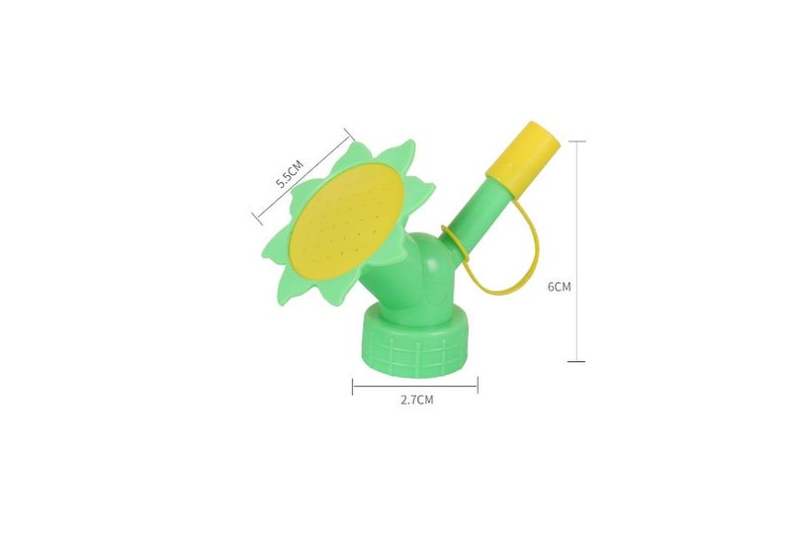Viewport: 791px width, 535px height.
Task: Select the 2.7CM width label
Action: coord(416,401)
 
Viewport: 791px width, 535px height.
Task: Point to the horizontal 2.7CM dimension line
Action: coord(415,387)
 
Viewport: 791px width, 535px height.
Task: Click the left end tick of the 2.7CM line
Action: coord(353,387)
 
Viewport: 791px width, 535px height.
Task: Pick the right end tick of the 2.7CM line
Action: coord(478,387)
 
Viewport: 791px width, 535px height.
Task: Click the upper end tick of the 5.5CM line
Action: coord(349,132)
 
